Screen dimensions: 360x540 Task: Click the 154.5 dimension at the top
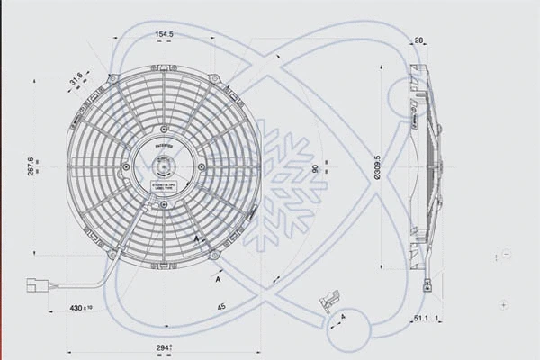[x=164, y=35]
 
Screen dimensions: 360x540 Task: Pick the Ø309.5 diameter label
[x=378, y=166]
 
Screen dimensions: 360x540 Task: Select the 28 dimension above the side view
[x=419, y=40]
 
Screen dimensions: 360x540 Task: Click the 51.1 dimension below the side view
[x=420, y=319]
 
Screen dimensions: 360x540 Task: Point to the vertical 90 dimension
[x=315, y=168]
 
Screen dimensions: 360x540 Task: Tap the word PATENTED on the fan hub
[x=163, y=144]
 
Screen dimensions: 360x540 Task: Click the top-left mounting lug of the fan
[x=111, y=79]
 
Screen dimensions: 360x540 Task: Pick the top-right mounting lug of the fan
[x=216, y=79]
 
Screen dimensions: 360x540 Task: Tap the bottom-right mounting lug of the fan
[x=216, y=256]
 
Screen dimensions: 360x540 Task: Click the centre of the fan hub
[x=164, y=167]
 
